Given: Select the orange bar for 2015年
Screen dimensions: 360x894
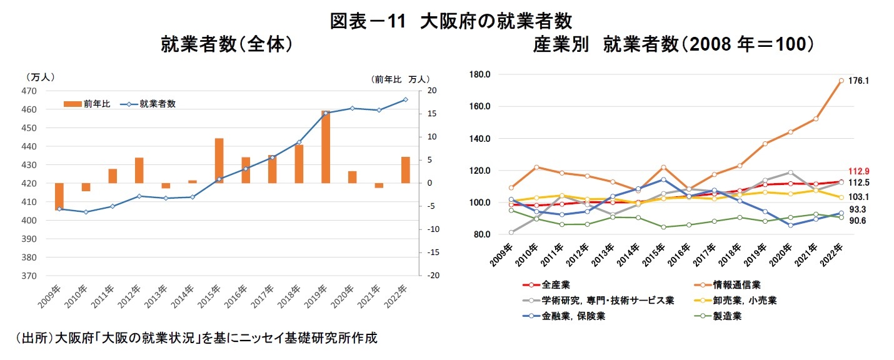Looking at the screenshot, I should pyautogui.click(x=219, y=161).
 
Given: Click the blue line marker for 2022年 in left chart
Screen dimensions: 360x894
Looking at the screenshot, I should pyautogui.click(x=405, y=99).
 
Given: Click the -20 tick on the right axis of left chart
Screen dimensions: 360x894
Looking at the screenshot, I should pyautogui.click(x=431, y=276).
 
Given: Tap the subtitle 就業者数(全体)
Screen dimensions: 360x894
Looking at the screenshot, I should pyautogui.click(x=228, y=45).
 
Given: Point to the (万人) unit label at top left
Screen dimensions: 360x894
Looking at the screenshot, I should pyautogui.click(x=41, y=77).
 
